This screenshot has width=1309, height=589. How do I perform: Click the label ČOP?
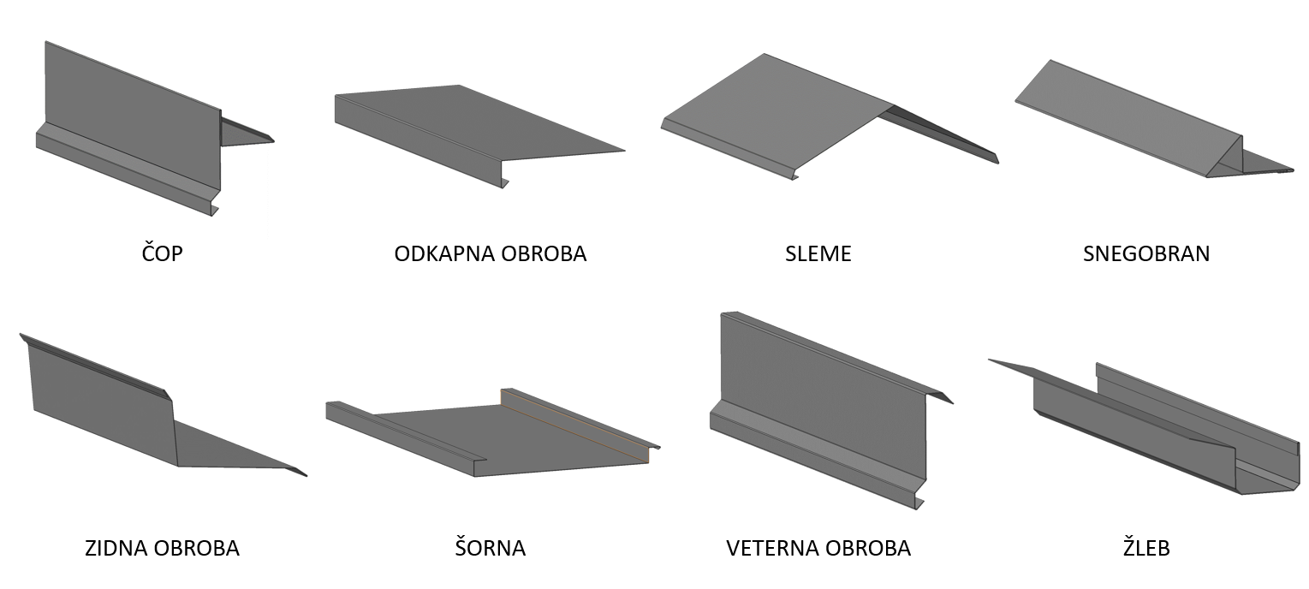(x=162, y=253)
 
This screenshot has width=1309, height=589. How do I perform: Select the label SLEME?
(x=818, y=253)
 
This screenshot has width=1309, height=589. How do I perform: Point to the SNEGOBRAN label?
(x=1146, y=253)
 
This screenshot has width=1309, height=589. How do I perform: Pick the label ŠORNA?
(x=491, y=547)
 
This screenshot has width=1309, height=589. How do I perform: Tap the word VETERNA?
(x=771, y=548)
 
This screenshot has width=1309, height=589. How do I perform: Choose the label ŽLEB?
(x=1146, y=547)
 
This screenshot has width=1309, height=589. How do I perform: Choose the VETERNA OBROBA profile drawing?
(x=824, y=409)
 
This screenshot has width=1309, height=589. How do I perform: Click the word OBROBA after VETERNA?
(x=868, y=548)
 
